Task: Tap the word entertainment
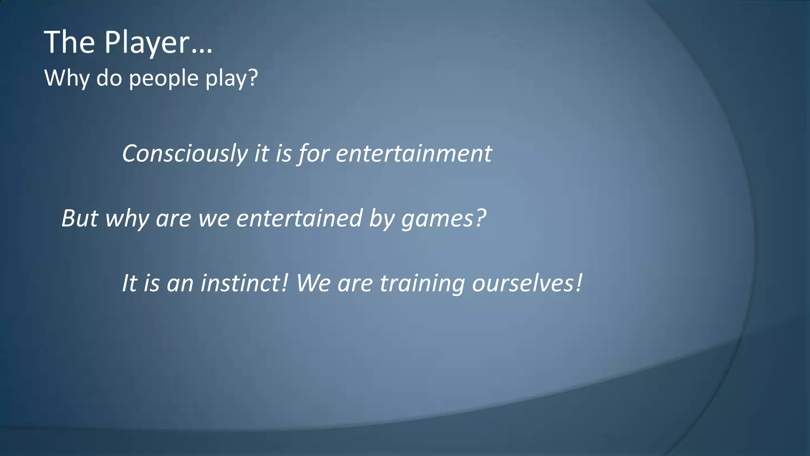pos(414,154)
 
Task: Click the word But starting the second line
pos(79,218)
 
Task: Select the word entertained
pos(299,218)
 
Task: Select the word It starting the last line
pos(129,283)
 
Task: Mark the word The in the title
pos(70,43)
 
